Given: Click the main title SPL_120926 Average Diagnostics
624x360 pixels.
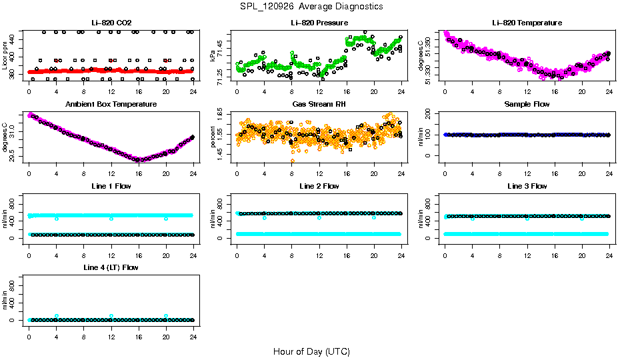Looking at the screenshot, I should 312,6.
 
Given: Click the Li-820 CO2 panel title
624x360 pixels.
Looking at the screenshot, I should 111,23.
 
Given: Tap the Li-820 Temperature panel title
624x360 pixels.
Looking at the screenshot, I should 527,23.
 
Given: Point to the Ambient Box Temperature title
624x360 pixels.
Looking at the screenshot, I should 111,105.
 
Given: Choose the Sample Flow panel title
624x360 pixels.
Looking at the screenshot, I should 527,105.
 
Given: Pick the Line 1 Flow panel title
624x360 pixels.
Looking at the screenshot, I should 111,186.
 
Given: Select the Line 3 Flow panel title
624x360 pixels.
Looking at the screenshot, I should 527,186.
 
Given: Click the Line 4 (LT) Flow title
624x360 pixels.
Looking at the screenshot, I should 111,267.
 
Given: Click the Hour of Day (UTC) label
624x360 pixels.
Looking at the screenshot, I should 311,351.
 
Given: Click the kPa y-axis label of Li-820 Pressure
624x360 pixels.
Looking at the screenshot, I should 213,55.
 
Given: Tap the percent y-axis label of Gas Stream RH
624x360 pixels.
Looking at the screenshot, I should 213,137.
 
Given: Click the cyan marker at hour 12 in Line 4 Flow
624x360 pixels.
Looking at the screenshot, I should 111,316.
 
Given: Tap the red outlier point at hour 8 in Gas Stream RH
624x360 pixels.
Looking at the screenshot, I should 292,161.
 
